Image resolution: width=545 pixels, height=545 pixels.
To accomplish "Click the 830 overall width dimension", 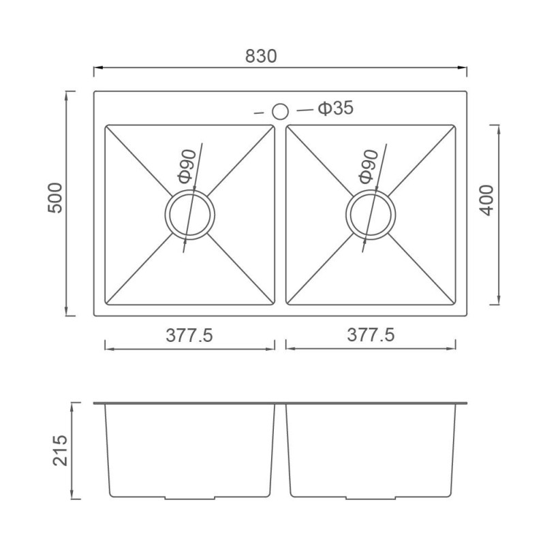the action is [x=261, y=56].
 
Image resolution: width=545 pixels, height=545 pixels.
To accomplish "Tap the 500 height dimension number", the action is [x=55, y=198].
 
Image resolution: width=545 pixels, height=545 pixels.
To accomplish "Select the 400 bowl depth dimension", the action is [x=486, y=200].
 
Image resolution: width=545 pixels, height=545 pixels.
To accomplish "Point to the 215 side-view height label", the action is [x=60, y=450].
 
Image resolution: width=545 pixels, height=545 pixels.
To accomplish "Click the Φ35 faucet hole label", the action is [x=336, y=108].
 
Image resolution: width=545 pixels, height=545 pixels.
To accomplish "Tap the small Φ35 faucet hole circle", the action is [x=280, y=112].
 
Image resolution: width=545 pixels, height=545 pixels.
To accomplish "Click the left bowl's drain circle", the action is [x=190, y=215].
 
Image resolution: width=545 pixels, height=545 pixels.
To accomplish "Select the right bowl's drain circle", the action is [x=371, y=215].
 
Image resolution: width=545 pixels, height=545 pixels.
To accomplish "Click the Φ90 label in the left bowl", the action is [x=187, y=166].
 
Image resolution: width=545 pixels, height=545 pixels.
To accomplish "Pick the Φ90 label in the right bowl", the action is [x=368, y=166].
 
